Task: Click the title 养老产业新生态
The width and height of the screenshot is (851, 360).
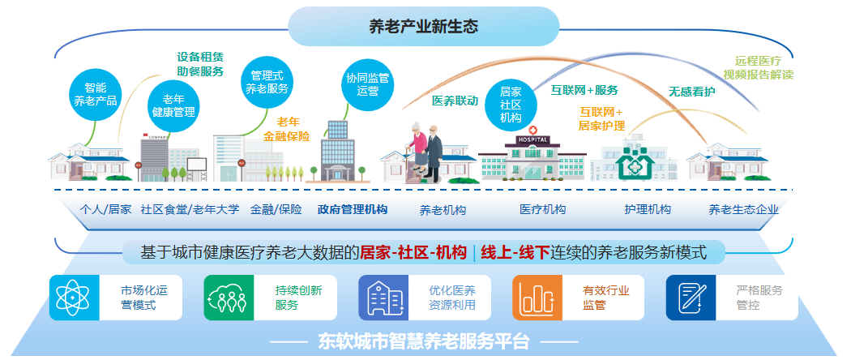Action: click(424, 26)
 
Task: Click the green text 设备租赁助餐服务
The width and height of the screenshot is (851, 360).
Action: click(200, 64)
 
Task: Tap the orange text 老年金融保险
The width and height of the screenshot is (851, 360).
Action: click(287, 129)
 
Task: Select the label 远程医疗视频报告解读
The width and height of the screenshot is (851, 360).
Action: click(758, 68)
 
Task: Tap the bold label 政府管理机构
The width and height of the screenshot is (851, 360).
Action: click(353, 209)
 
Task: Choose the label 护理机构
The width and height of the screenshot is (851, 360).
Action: click(648, 209)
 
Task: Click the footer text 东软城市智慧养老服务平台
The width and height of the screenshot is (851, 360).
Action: click(424, 341)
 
